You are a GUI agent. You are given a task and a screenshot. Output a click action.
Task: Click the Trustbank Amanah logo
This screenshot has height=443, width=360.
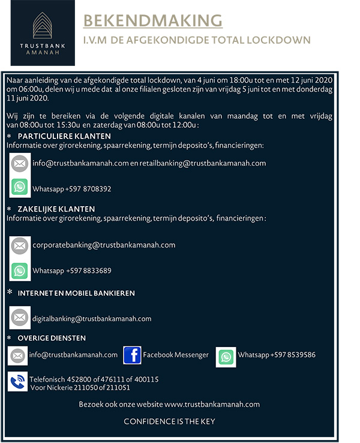point(38,33)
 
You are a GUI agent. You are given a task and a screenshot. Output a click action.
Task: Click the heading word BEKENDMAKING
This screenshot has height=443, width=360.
point(152,21)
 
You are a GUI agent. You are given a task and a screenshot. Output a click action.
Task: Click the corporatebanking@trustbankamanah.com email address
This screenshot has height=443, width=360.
point(104,245)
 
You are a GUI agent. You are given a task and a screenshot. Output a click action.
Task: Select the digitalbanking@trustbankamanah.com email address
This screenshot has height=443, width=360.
point(92,319)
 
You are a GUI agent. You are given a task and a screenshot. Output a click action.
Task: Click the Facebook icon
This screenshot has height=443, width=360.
point(132,355)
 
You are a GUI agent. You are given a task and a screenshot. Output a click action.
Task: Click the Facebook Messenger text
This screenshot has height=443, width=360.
point(176,355)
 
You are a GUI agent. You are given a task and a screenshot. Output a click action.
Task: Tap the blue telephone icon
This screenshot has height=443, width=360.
point(18,382)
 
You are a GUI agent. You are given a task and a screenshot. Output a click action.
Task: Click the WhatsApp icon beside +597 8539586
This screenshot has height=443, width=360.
point(226,357)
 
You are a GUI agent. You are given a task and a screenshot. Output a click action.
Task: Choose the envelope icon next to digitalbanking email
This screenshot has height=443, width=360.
point(20,318)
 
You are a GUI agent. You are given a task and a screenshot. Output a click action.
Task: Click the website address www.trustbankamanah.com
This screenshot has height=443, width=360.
point(212,404)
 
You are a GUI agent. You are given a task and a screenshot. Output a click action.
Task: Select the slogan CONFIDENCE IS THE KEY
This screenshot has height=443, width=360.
point(169,421)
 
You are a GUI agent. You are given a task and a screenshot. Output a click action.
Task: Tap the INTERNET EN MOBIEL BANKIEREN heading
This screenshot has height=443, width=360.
point(76,293)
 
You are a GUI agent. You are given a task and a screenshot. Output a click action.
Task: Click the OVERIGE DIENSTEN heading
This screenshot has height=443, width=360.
point(52,338)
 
